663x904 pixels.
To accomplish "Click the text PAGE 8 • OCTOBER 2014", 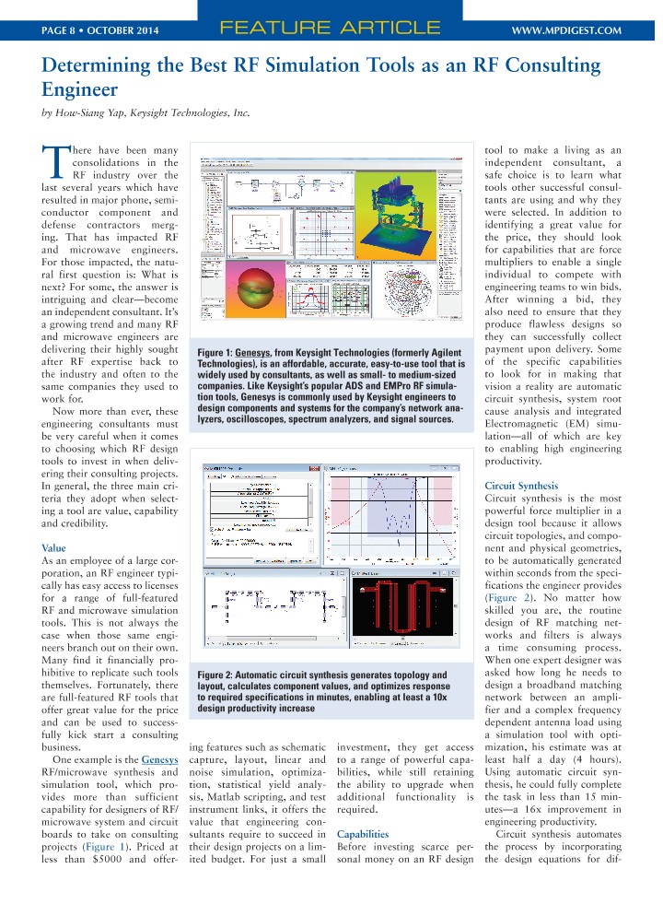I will pyautogui.click(x=100, y=30).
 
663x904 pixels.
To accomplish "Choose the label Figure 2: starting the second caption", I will pyautogui.click(x=222, y=675).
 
